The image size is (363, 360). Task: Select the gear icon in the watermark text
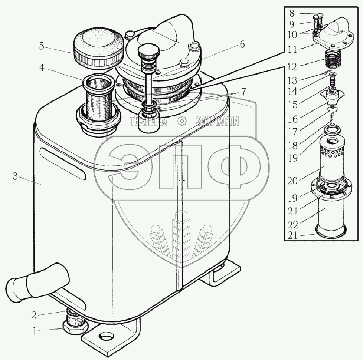point(181,121)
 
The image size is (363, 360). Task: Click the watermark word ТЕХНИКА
point(148,121)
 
